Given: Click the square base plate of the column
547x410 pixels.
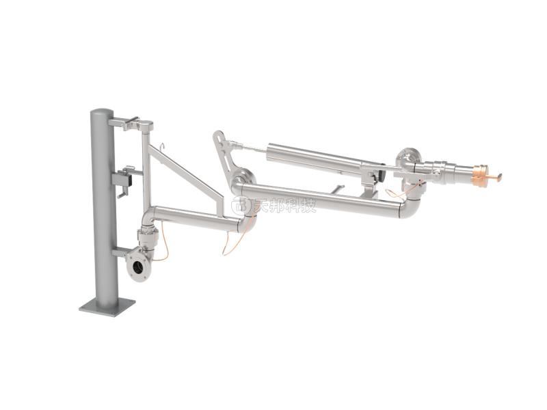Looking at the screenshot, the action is [x=107, y=306].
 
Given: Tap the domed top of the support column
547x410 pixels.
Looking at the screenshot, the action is [x=102, y=113].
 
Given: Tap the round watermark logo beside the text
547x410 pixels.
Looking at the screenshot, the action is [x=241, y=204].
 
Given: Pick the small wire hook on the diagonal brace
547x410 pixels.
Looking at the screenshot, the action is [x=162, y=147].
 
